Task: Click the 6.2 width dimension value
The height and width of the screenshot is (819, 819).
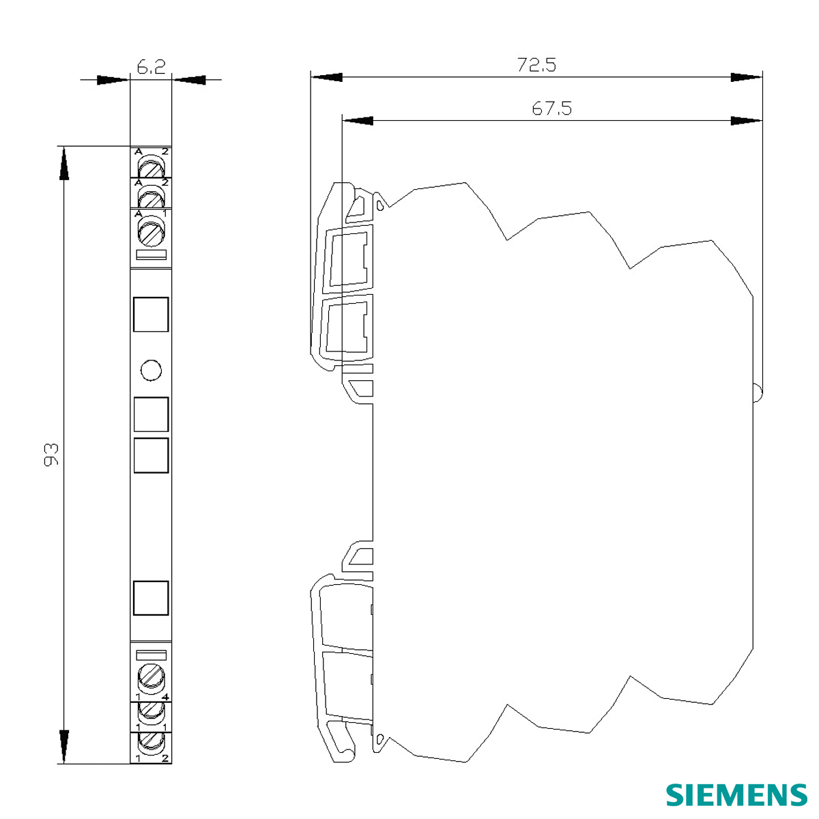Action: tap(151, 68)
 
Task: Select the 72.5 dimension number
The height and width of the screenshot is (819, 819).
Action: tap(536, 65)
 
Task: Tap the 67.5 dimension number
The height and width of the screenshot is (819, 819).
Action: tap(552, 109)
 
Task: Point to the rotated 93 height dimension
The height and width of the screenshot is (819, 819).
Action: tap(51, 455)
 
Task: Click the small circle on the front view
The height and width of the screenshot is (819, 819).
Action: tap(151, 370)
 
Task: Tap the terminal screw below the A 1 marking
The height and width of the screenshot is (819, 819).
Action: tap(151, 231)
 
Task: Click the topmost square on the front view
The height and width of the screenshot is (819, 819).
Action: tap(151, 315)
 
